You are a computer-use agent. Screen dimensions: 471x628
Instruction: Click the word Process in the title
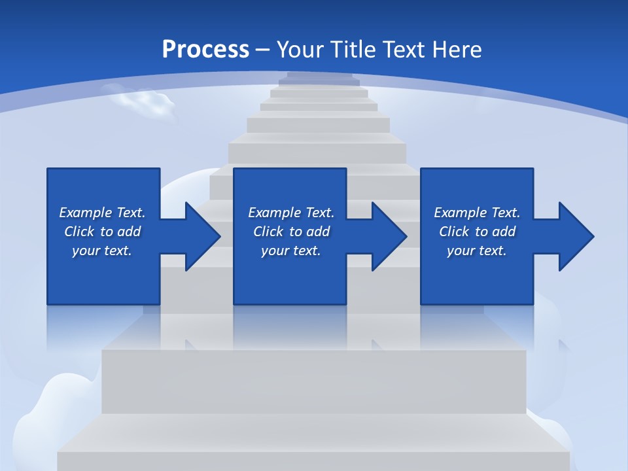click(205, 50)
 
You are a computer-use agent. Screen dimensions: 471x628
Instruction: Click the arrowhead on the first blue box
click(200, 236)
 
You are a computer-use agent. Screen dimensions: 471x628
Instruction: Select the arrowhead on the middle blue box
click(387, 236)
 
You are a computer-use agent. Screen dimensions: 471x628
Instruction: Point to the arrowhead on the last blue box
click(574, 236)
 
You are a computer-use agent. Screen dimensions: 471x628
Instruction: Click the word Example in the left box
click(85, 213)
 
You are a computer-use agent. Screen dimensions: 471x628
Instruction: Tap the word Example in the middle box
click(274, 213)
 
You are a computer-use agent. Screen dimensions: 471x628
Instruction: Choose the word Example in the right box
click(460, 213)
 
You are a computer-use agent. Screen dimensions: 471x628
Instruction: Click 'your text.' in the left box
click(102, 251)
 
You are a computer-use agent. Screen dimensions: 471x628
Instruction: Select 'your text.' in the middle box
click(291, 251)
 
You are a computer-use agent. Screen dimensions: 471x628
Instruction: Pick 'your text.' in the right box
click(477, 251)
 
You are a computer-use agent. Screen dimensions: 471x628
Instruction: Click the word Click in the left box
click(79, 232)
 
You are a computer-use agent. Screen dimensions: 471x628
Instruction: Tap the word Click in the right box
click(454, 232)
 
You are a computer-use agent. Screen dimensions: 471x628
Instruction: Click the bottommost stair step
click(314, 451)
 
